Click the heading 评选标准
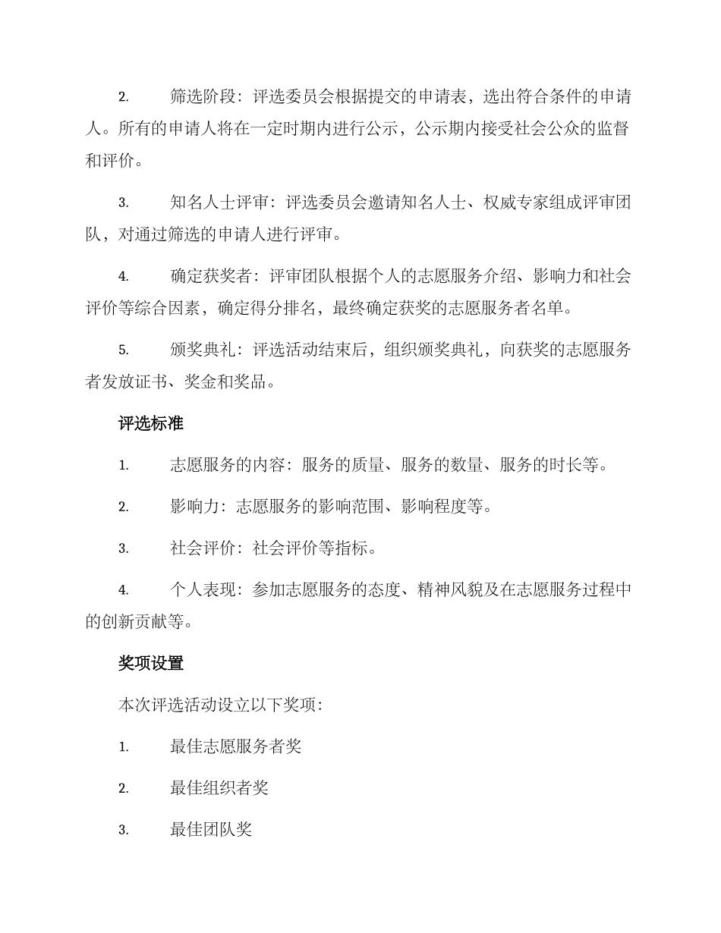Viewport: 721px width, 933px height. click(150, 424)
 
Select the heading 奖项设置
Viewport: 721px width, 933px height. click(150, 663)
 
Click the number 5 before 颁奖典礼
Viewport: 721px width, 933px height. click(123, 350)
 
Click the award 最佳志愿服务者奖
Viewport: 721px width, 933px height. click(236, 746)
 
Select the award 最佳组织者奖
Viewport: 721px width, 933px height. click(219, 788)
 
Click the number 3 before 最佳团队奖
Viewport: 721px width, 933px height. click(123, 831)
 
